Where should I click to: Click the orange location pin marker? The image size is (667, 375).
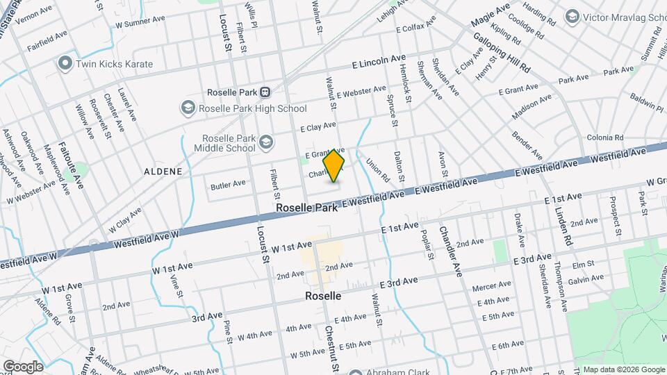pyautogui.click(x=334, y=165)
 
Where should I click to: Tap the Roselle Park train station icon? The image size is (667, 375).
pyautogui.click(x=265, y=92)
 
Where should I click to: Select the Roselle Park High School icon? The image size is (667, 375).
pyautogui.click(x=188, y=108)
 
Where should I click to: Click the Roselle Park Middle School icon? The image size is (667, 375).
pyautogui.click(x=266, y=144)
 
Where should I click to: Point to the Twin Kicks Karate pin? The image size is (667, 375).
pyautogui.click(x=66, y=64)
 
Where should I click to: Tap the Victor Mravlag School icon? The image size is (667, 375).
pyautogui.click(x=573, y=16)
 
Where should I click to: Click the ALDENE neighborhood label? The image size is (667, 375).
pyautogui.click(x=163, y=171)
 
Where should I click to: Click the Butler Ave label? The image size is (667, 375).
pyautogui.click(x=229, y=184)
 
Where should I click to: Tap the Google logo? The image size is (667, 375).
pyautogui.click(x=23, y=366)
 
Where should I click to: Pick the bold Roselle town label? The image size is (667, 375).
pyautogui.click(x=323, y=296)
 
